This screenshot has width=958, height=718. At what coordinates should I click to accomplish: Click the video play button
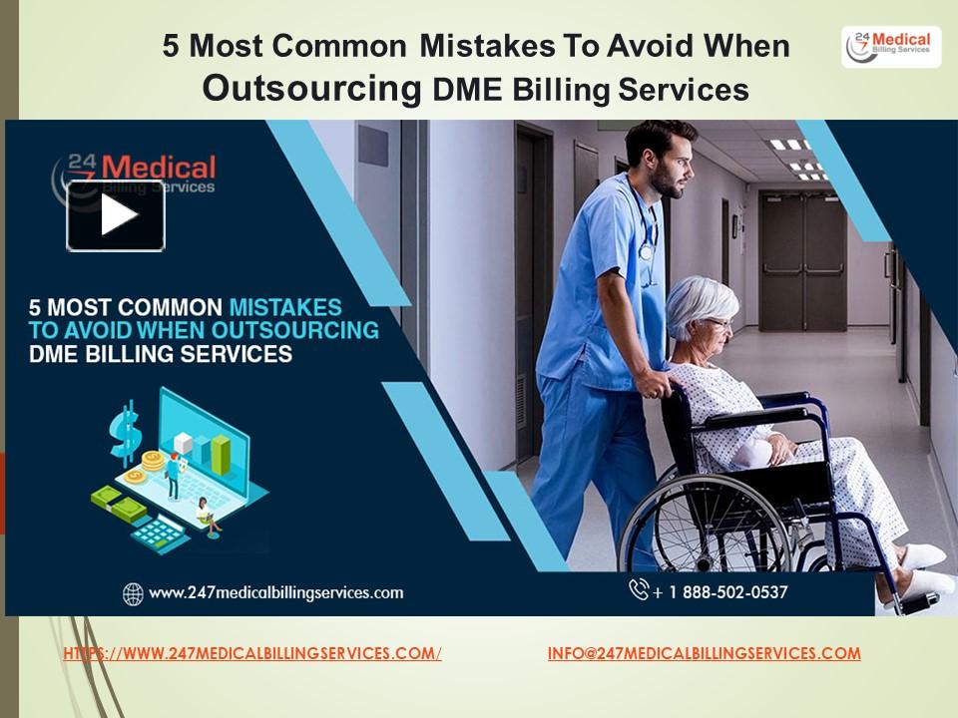[116, 215]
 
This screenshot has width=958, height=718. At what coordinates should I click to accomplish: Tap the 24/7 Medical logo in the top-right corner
[890, 47]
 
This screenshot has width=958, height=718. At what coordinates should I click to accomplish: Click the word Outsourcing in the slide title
[311, 90]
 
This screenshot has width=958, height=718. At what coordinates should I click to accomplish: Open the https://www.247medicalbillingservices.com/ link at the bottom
[252, 654]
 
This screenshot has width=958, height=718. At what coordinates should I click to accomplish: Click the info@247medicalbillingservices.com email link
[704, 654]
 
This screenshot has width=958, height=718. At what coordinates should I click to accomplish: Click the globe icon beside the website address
[133, 593]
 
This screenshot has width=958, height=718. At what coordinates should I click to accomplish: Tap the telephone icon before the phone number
[639, 590]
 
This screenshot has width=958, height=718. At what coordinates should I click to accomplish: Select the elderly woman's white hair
[699, 304]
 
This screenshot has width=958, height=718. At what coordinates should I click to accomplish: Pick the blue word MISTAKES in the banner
[285, 307]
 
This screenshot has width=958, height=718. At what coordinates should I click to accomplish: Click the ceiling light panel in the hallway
[788, 144]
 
